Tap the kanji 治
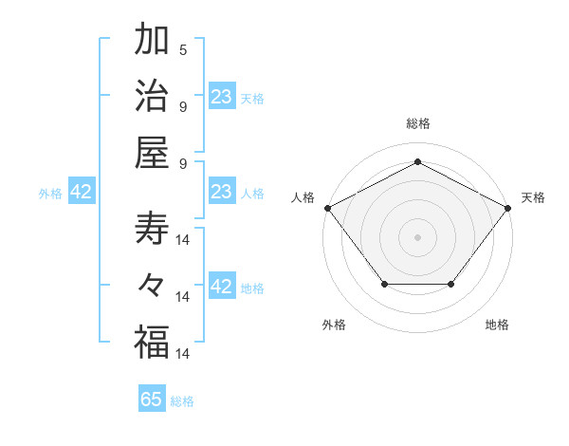[152, 96]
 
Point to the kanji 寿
[152, 230]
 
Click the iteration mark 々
[152, 286]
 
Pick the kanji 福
[152, 342]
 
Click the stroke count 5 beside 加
[183, 50]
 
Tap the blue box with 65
[152, 400]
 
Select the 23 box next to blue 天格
[222, 96]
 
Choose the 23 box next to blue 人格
[222, 191]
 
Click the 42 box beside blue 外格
[82, 191]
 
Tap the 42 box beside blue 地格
[222, 287]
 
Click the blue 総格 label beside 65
[183, 401]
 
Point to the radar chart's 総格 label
[417, 123]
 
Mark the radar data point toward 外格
[384, 284]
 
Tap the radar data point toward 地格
[451, 284]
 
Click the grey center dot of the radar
[417, 236]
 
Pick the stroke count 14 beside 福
[184, 353]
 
